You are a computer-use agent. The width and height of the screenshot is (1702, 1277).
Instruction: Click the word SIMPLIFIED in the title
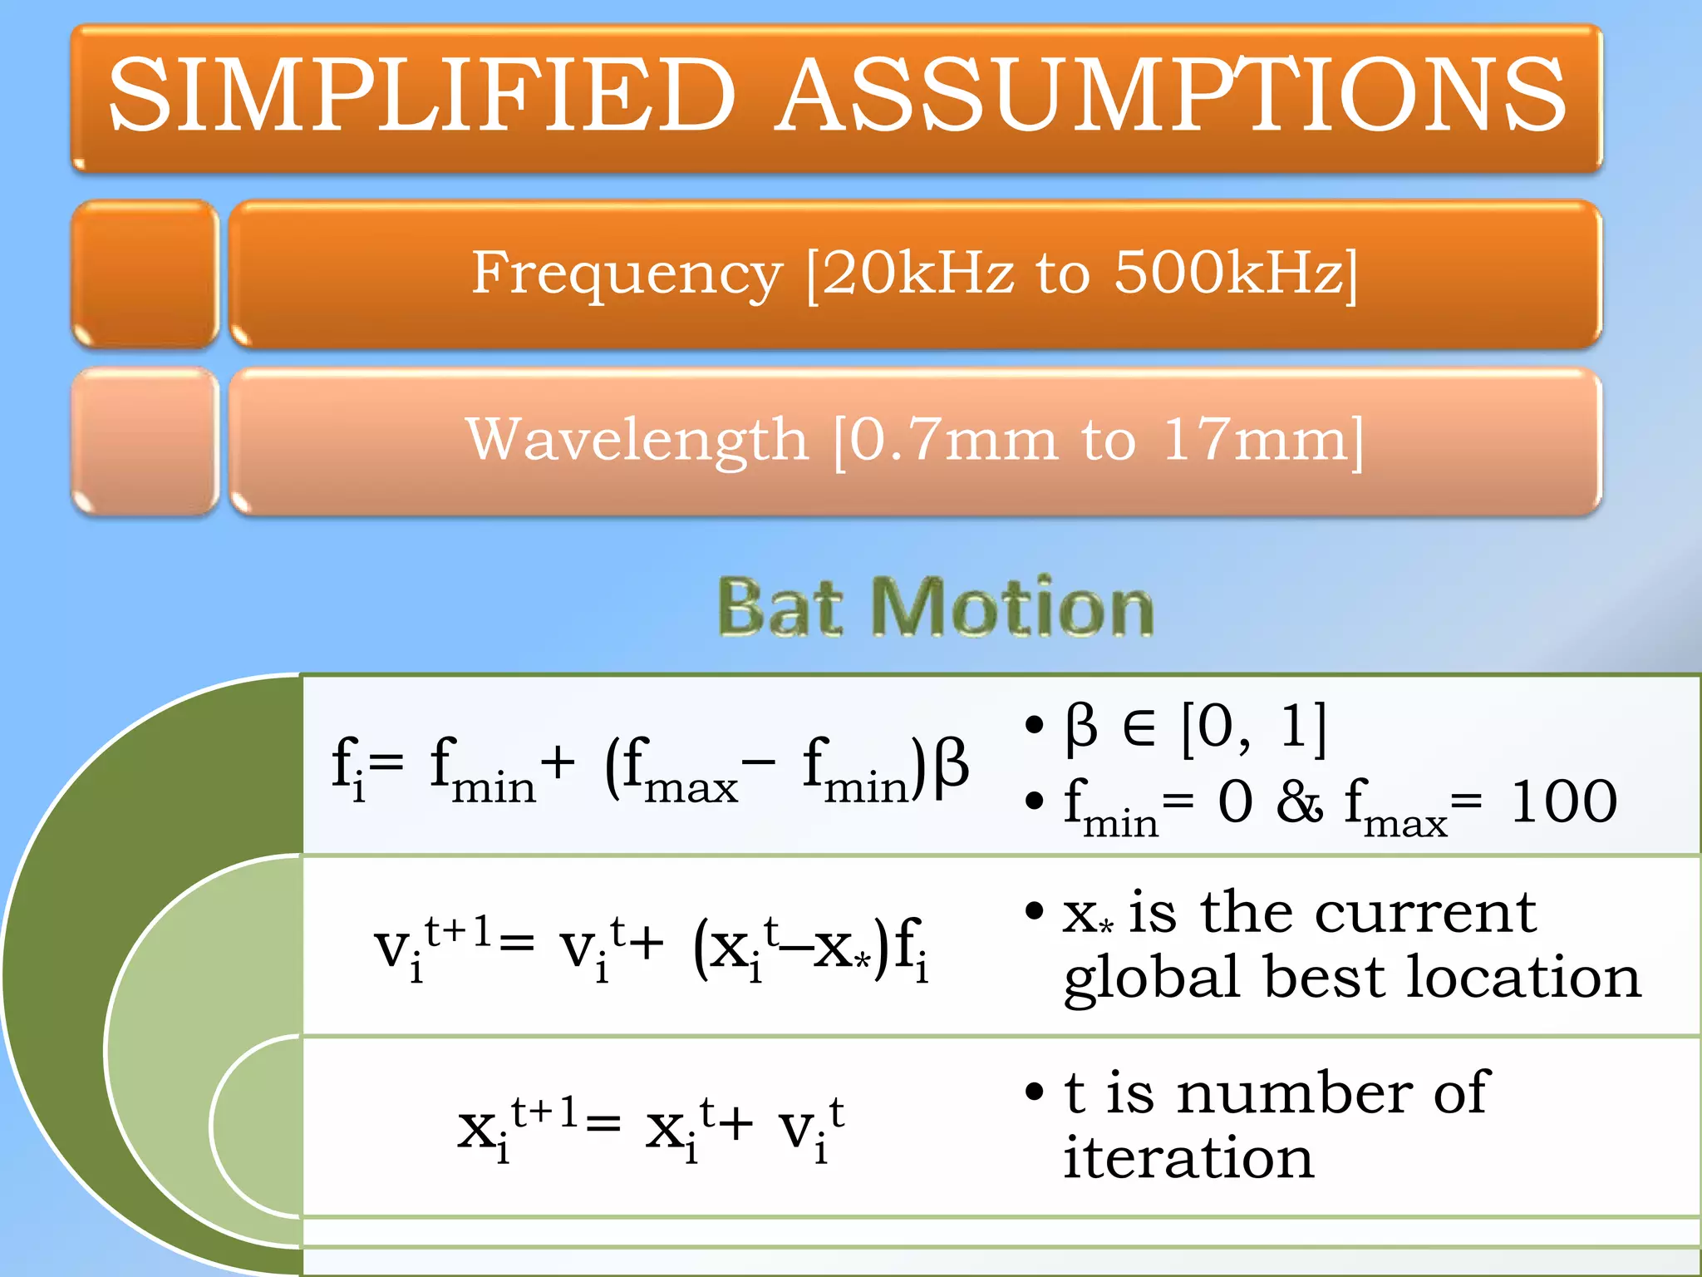tap(422, 95)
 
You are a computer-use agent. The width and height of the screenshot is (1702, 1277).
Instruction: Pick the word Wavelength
tap(637, 440)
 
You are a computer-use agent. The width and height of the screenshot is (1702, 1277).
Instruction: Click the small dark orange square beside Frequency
tap(145, 274)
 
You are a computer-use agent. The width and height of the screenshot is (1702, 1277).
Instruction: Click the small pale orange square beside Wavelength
tap(145, 441)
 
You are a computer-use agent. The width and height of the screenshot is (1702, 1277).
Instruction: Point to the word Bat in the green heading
tap(780, 609)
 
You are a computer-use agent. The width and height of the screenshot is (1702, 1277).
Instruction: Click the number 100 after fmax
tap(1563, 801)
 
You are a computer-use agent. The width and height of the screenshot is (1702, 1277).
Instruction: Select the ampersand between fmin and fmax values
tap(1299, 801)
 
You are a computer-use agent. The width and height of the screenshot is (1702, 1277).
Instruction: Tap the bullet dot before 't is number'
tap(1034, 1091)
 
